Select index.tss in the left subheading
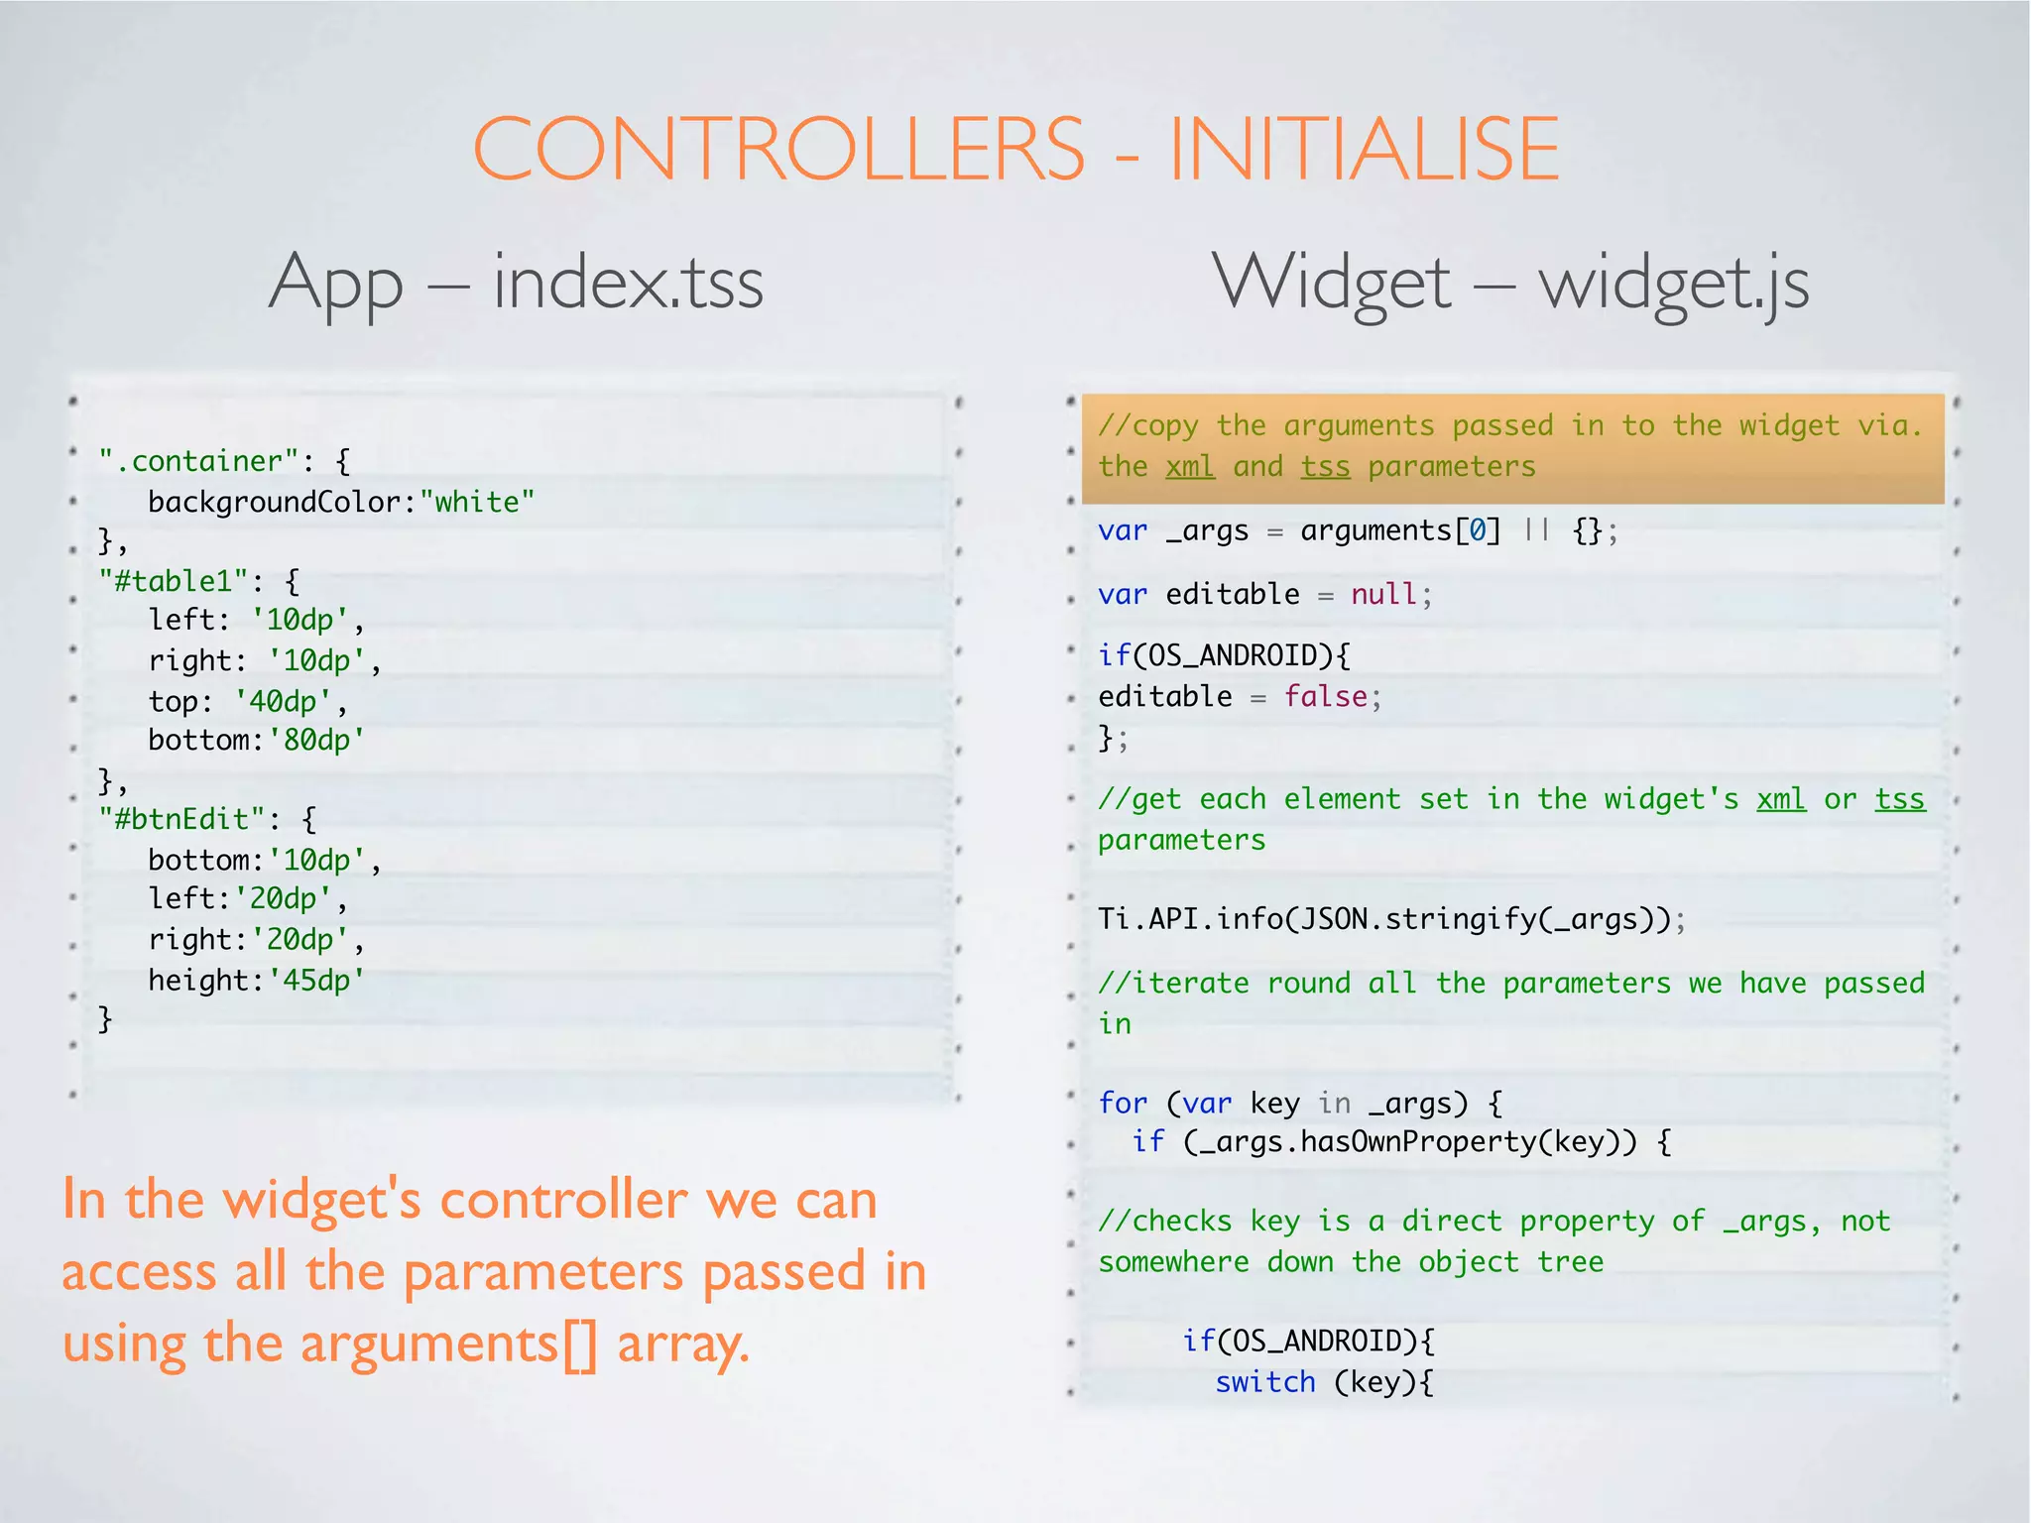(x=628, y=284)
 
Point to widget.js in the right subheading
(x=1674, y=284)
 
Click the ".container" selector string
(x=198, y=461)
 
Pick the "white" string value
(x=477, y=502)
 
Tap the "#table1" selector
(x=174, y=580)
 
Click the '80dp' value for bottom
(x=316, y=741)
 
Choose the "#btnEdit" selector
(x=183, y=819)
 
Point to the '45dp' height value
(x=316, y=981)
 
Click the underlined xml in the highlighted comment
(x=1190, y=466)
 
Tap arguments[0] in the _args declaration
(x=1400, y=531)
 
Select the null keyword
(x=1383, y=595)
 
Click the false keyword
(x=1326, y=697)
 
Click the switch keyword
(x=1265, y=1382)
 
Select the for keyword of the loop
(x=1123, y=1103)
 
